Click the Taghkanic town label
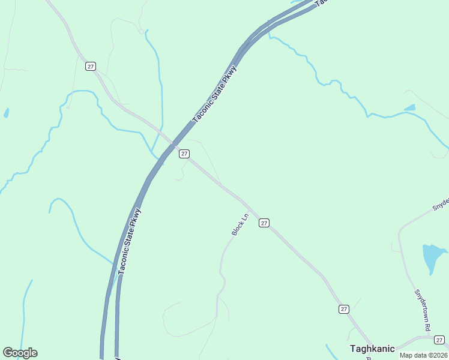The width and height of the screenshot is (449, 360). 372,348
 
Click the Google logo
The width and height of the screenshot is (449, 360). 20,353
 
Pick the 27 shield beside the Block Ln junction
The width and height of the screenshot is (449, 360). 264,223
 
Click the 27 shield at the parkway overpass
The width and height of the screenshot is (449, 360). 184,154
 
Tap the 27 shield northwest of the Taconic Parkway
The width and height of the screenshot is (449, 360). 91,66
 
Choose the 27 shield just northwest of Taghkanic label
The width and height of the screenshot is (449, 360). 343,309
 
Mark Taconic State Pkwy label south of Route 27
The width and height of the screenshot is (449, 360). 130,241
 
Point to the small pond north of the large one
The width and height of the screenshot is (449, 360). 410,108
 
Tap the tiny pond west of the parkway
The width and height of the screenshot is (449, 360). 7,112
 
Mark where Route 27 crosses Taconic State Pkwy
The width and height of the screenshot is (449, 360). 172,144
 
